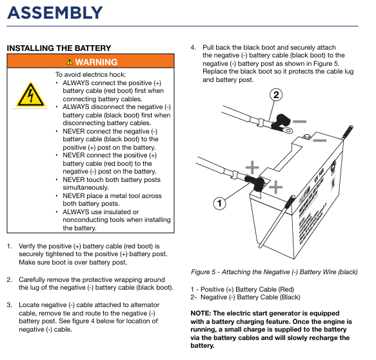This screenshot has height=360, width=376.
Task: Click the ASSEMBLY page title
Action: click(55, 13)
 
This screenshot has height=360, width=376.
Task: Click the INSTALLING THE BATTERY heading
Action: click(59, 48)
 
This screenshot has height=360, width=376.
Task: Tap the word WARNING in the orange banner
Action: click(96, 62)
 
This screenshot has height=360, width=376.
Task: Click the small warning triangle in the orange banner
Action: click(69, 62)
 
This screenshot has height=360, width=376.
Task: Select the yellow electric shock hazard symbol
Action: click(30, 95)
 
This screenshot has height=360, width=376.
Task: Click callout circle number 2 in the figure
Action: click(276, 95)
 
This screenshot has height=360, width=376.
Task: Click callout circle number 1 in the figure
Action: click(219, 203)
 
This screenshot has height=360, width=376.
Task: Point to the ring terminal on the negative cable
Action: click(288, 130)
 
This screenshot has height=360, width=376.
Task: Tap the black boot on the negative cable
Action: click(281, 122)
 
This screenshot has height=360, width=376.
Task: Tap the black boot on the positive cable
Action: click(255, 183)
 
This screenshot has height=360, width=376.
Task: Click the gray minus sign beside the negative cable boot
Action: click(299, 121)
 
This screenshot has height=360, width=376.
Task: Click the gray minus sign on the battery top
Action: click(320, 140)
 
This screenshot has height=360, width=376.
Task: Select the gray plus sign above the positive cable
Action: click(252, 167)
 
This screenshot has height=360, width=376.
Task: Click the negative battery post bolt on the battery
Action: click(306, 137)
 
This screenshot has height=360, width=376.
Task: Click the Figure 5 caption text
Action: click(274, 272)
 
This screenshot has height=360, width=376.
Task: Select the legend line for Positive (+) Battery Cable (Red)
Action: click(242, 289)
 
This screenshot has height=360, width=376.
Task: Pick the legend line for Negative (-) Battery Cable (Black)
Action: click(245, 297)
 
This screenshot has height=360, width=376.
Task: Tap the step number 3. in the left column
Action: click(10, 305)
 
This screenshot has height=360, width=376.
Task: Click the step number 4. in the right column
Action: click(193, 48)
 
